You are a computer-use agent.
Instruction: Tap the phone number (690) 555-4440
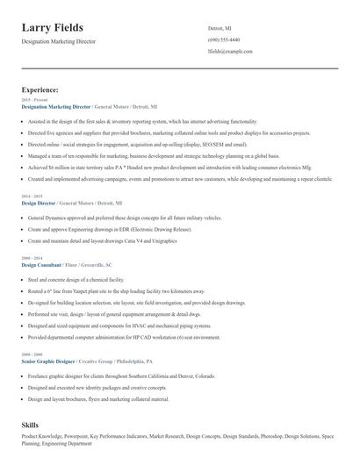point(224,40)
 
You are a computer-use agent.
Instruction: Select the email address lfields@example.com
point(230,52)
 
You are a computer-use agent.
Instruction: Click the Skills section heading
point(30,425)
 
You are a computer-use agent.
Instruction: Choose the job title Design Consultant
point(41,264)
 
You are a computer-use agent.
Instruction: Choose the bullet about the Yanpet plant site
point(116,290)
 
